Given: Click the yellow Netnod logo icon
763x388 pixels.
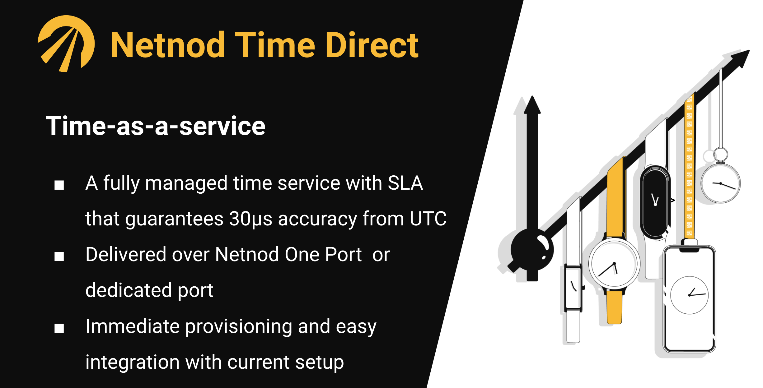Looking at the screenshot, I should pyautogui.click(x=66, y=44).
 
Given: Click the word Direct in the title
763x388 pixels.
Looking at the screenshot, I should pyautogui.click(x=372, y=45).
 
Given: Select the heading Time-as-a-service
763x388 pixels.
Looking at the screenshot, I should pyautogui.click(x=156, y=126).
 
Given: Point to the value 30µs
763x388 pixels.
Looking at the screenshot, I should pyautogui.click(x=251, y=219).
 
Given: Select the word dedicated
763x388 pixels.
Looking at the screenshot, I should pyautogui.click(x=129, y=290).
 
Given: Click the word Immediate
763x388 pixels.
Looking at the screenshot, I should pyautogui.click(x=133, y=326).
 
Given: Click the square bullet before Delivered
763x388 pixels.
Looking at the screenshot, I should pyautogui.click(x=59, y=256).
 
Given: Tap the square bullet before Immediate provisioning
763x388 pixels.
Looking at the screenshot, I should pyautogui.click(x=59, y=328).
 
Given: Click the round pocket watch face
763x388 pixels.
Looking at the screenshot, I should pyautogui.click(x=720, y=184).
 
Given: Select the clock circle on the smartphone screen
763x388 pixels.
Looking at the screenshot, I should pyautogui.click(x=689, y=295).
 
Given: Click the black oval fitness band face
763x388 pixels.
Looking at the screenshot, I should pyautogui.click(x=655, y=201).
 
